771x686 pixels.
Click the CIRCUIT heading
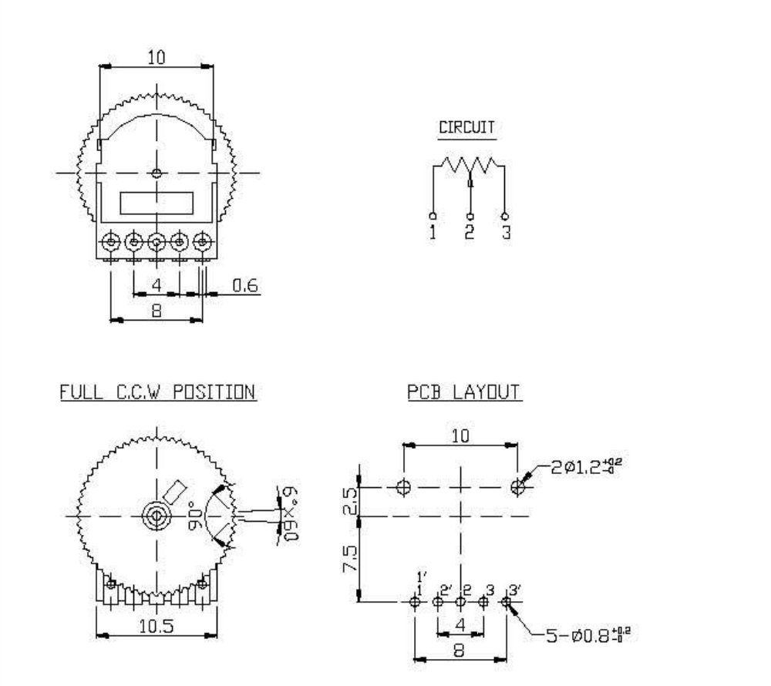[x=466, y=128]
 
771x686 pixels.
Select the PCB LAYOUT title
[x=464, y=392]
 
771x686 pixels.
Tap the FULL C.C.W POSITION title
[x=158, y=392]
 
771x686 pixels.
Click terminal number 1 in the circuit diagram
[x=433, y=231]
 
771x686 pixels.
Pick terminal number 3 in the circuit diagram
[x=506, y=231]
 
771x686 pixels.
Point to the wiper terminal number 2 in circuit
[x=470, y=231]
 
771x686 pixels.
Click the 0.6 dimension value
[x=244, y=286]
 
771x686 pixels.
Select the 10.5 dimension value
[x=156, y=627]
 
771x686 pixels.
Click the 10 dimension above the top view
[x=157, y=58]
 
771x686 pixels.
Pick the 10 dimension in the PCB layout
[x=460, y=436]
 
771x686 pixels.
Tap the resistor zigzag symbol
[x=468, y=165]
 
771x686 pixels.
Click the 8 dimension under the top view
[x=156, y=312]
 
